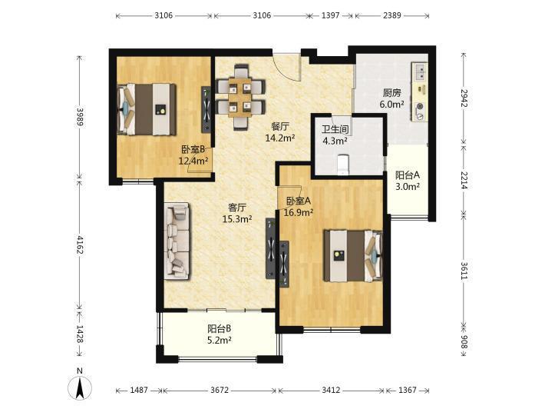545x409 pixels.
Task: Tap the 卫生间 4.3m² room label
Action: (x=335, y=135)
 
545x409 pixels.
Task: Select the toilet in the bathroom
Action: (x=343, y=164)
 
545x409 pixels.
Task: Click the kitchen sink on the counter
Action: (x=420, y=72)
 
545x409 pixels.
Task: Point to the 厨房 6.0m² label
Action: (x=391, y=98)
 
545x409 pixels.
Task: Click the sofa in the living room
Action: (x=177, y=241)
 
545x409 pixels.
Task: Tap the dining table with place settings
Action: (x=240, y=97)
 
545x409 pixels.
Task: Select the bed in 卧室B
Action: (x=147, y=109)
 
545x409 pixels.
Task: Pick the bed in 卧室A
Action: (x=353, y=255)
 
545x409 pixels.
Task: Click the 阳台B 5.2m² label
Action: (x=220, y=334)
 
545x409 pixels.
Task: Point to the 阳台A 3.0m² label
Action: (x=408, y=181)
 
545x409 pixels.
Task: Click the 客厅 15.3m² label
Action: (x=237, y=213)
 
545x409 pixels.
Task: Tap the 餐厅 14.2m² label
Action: (x=280, y=132)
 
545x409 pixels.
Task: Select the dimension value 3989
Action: (x=80, y=117)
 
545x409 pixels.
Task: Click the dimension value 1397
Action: (x=330, y=15)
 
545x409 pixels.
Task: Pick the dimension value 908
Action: (x=464, y=341)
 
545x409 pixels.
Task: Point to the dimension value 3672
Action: (x=220, y=390)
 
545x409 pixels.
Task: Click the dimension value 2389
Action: (x=392, y=15)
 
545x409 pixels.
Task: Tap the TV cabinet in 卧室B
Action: (x=206, y=109)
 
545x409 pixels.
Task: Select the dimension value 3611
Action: (x=464, y=271)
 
